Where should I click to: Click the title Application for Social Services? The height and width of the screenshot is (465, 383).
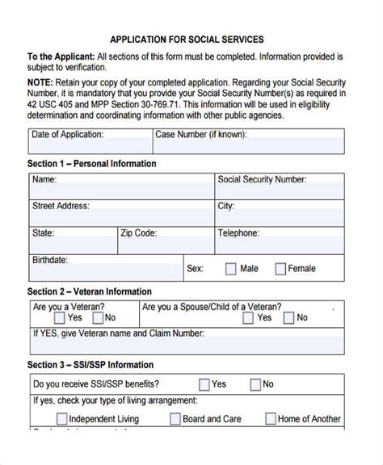[x=186, y=38]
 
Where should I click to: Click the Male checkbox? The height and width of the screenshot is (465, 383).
[x=230, y=269]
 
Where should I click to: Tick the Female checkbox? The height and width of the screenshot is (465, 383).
[x=280, y=269]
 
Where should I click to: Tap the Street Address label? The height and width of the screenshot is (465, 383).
[x=61, y=206]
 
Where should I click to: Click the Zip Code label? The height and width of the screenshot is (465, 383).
[x=138, y=233]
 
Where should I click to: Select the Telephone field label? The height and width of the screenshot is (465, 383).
[x=238, y=233]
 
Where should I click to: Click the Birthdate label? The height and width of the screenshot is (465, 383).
[x=50, y=260]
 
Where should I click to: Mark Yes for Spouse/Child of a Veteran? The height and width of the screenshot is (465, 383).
[x=246, y=318]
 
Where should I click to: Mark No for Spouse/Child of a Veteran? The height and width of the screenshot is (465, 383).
[x=288, y=318]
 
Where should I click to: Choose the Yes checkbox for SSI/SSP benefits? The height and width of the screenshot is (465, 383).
[x=204, y=384]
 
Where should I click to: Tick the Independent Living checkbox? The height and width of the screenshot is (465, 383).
[x=61, y=419]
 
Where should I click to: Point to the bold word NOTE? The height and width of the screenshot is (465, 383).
[x=40, y=82]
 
